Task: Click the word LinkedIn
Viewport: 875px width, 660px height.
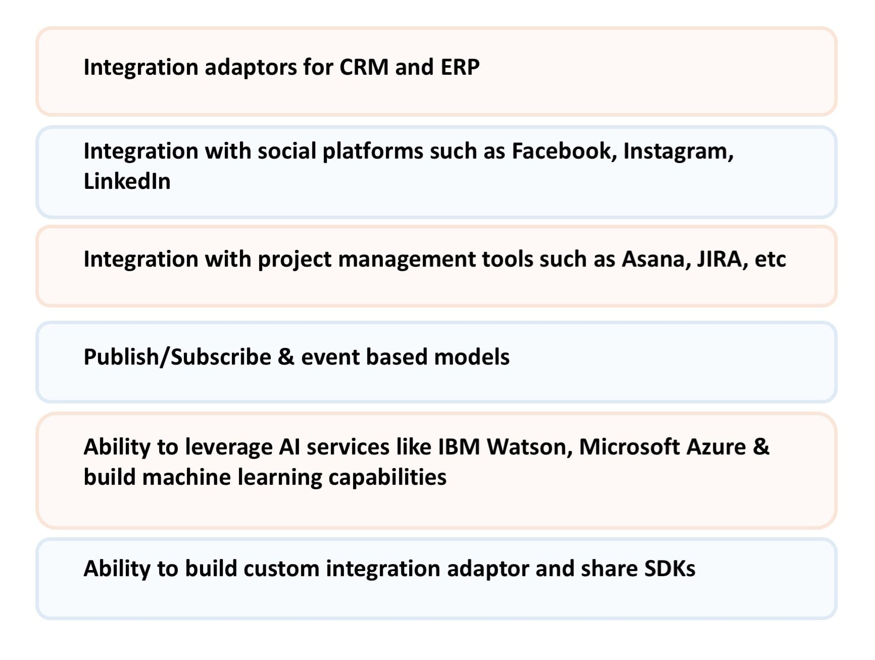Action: click(127, 181)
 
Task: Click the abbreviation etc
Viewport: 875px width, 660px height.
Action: click(770, 260)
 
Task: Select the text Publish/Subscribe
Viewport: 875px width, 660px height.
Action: click(177, 357)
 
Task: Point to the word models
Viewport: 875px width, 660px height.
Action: click(471, 357)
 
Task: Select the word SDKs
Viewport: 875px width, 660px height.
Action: click(670, 569)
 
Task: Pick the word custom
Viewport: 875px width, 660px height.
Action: click(281, 569)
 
